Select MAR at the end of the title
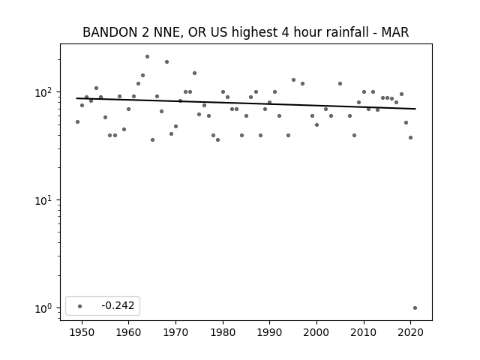(x=395, y=32)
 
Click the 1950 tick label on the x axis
(x=82, y=332)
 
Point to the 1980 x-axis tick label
(x=223, y=332)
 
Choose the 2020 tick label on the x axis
(x=410, y=332)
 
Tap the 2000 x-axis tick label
(x=316, y=332)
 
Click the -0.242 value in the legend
(x=118, y=305)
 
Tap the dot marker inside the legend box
(x=80, y=306)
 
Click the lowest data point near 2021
(x=415, y=308)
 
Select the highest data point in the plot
(x=147, y=57)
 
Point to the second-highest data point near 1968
(x=166, y=61)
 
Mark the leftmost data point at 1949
(x=77, y=121)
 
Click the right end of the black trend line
(x=415, y=109)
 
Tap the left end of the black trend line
(x=76, y=98)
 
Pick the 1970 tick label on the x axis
(x=175, y=332)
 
